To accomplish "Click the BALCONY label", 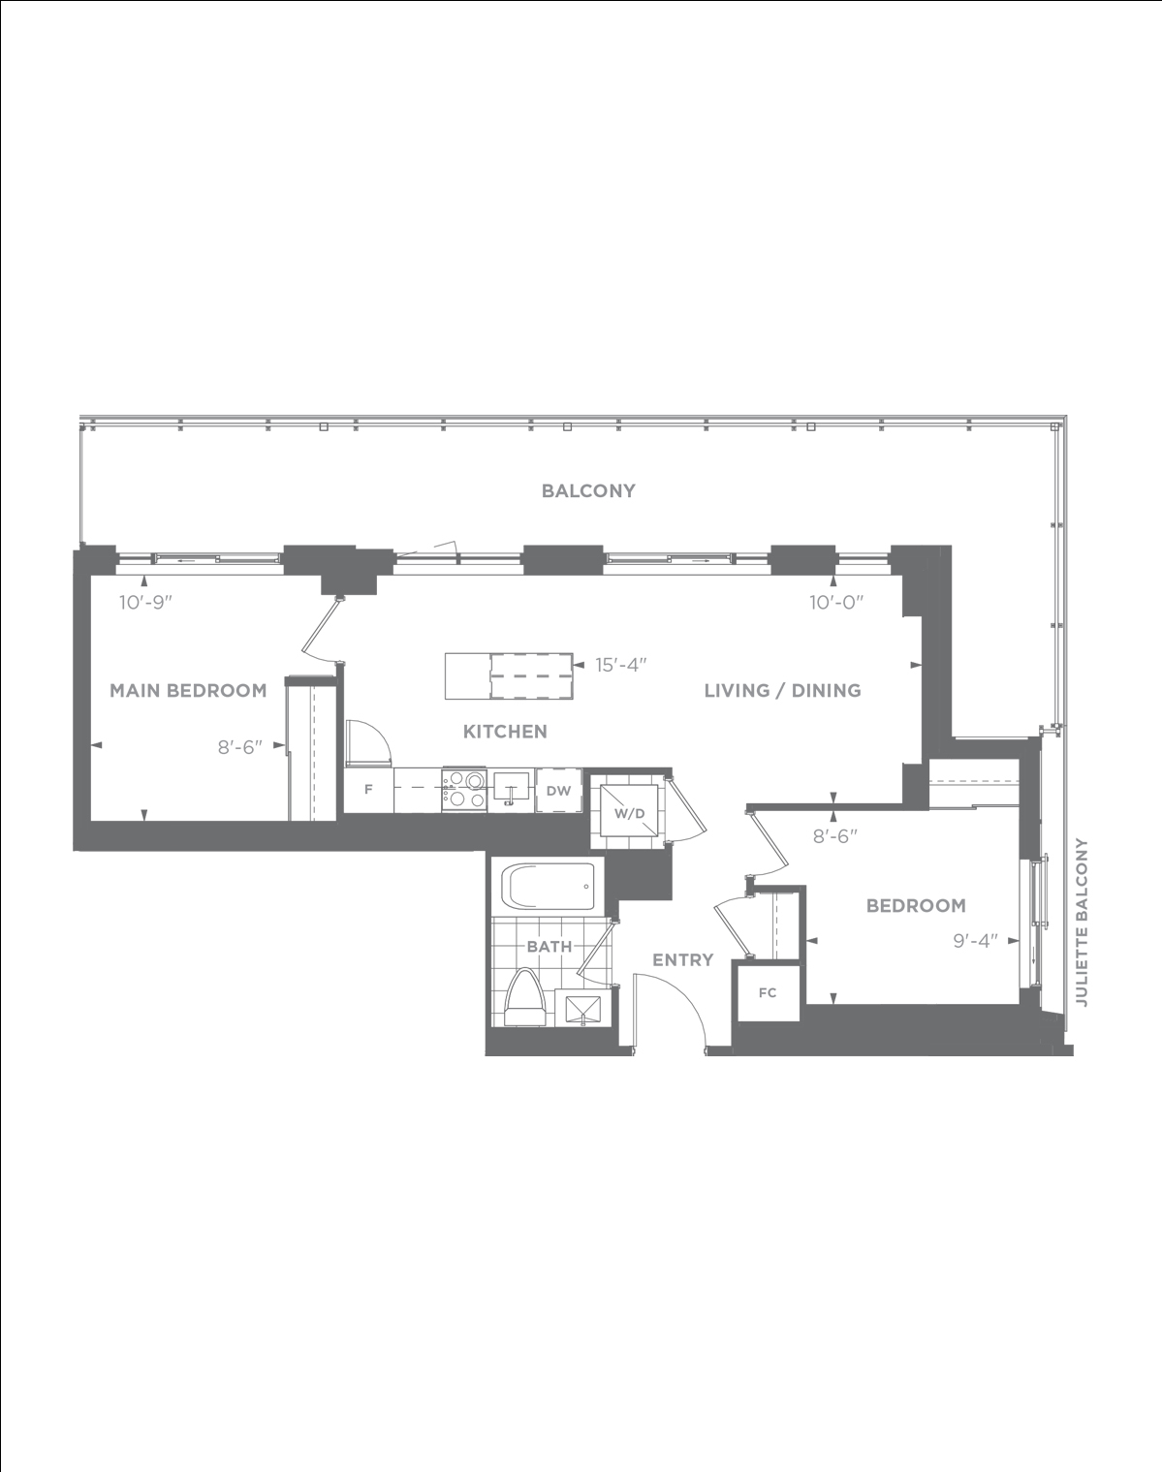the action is tap(588, 491).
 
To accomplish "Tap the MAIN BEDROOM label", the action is tap(188, 691).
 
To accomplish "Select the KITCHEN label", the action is tap(505, 732).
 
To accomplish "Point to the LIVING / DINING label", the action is tap(782, 691).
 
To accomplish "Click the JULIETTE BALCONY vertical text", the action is tap(1082, 922).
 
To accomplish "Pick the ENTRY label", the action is tap(682, 960).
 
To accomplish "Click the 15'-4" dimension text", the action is tap(620, 665).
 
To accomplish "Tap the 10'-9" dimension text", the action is tap(145, 603).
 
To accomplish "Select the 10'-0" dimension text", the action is tap(837, 603).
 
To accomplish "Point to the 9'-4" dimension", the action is tap(976, 941).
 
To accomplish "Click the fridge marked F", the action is tap(368, 790).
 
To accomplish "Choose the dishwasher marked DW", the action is tap(558, 791).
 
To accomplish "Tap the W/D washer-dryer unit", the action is tap(629, 813).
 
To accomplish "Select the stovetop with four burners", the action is tap(464, 790).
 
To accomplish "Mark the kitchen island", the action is tap(509, 675).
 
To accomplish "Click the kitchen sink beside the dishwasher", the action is tap(511, 790).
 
